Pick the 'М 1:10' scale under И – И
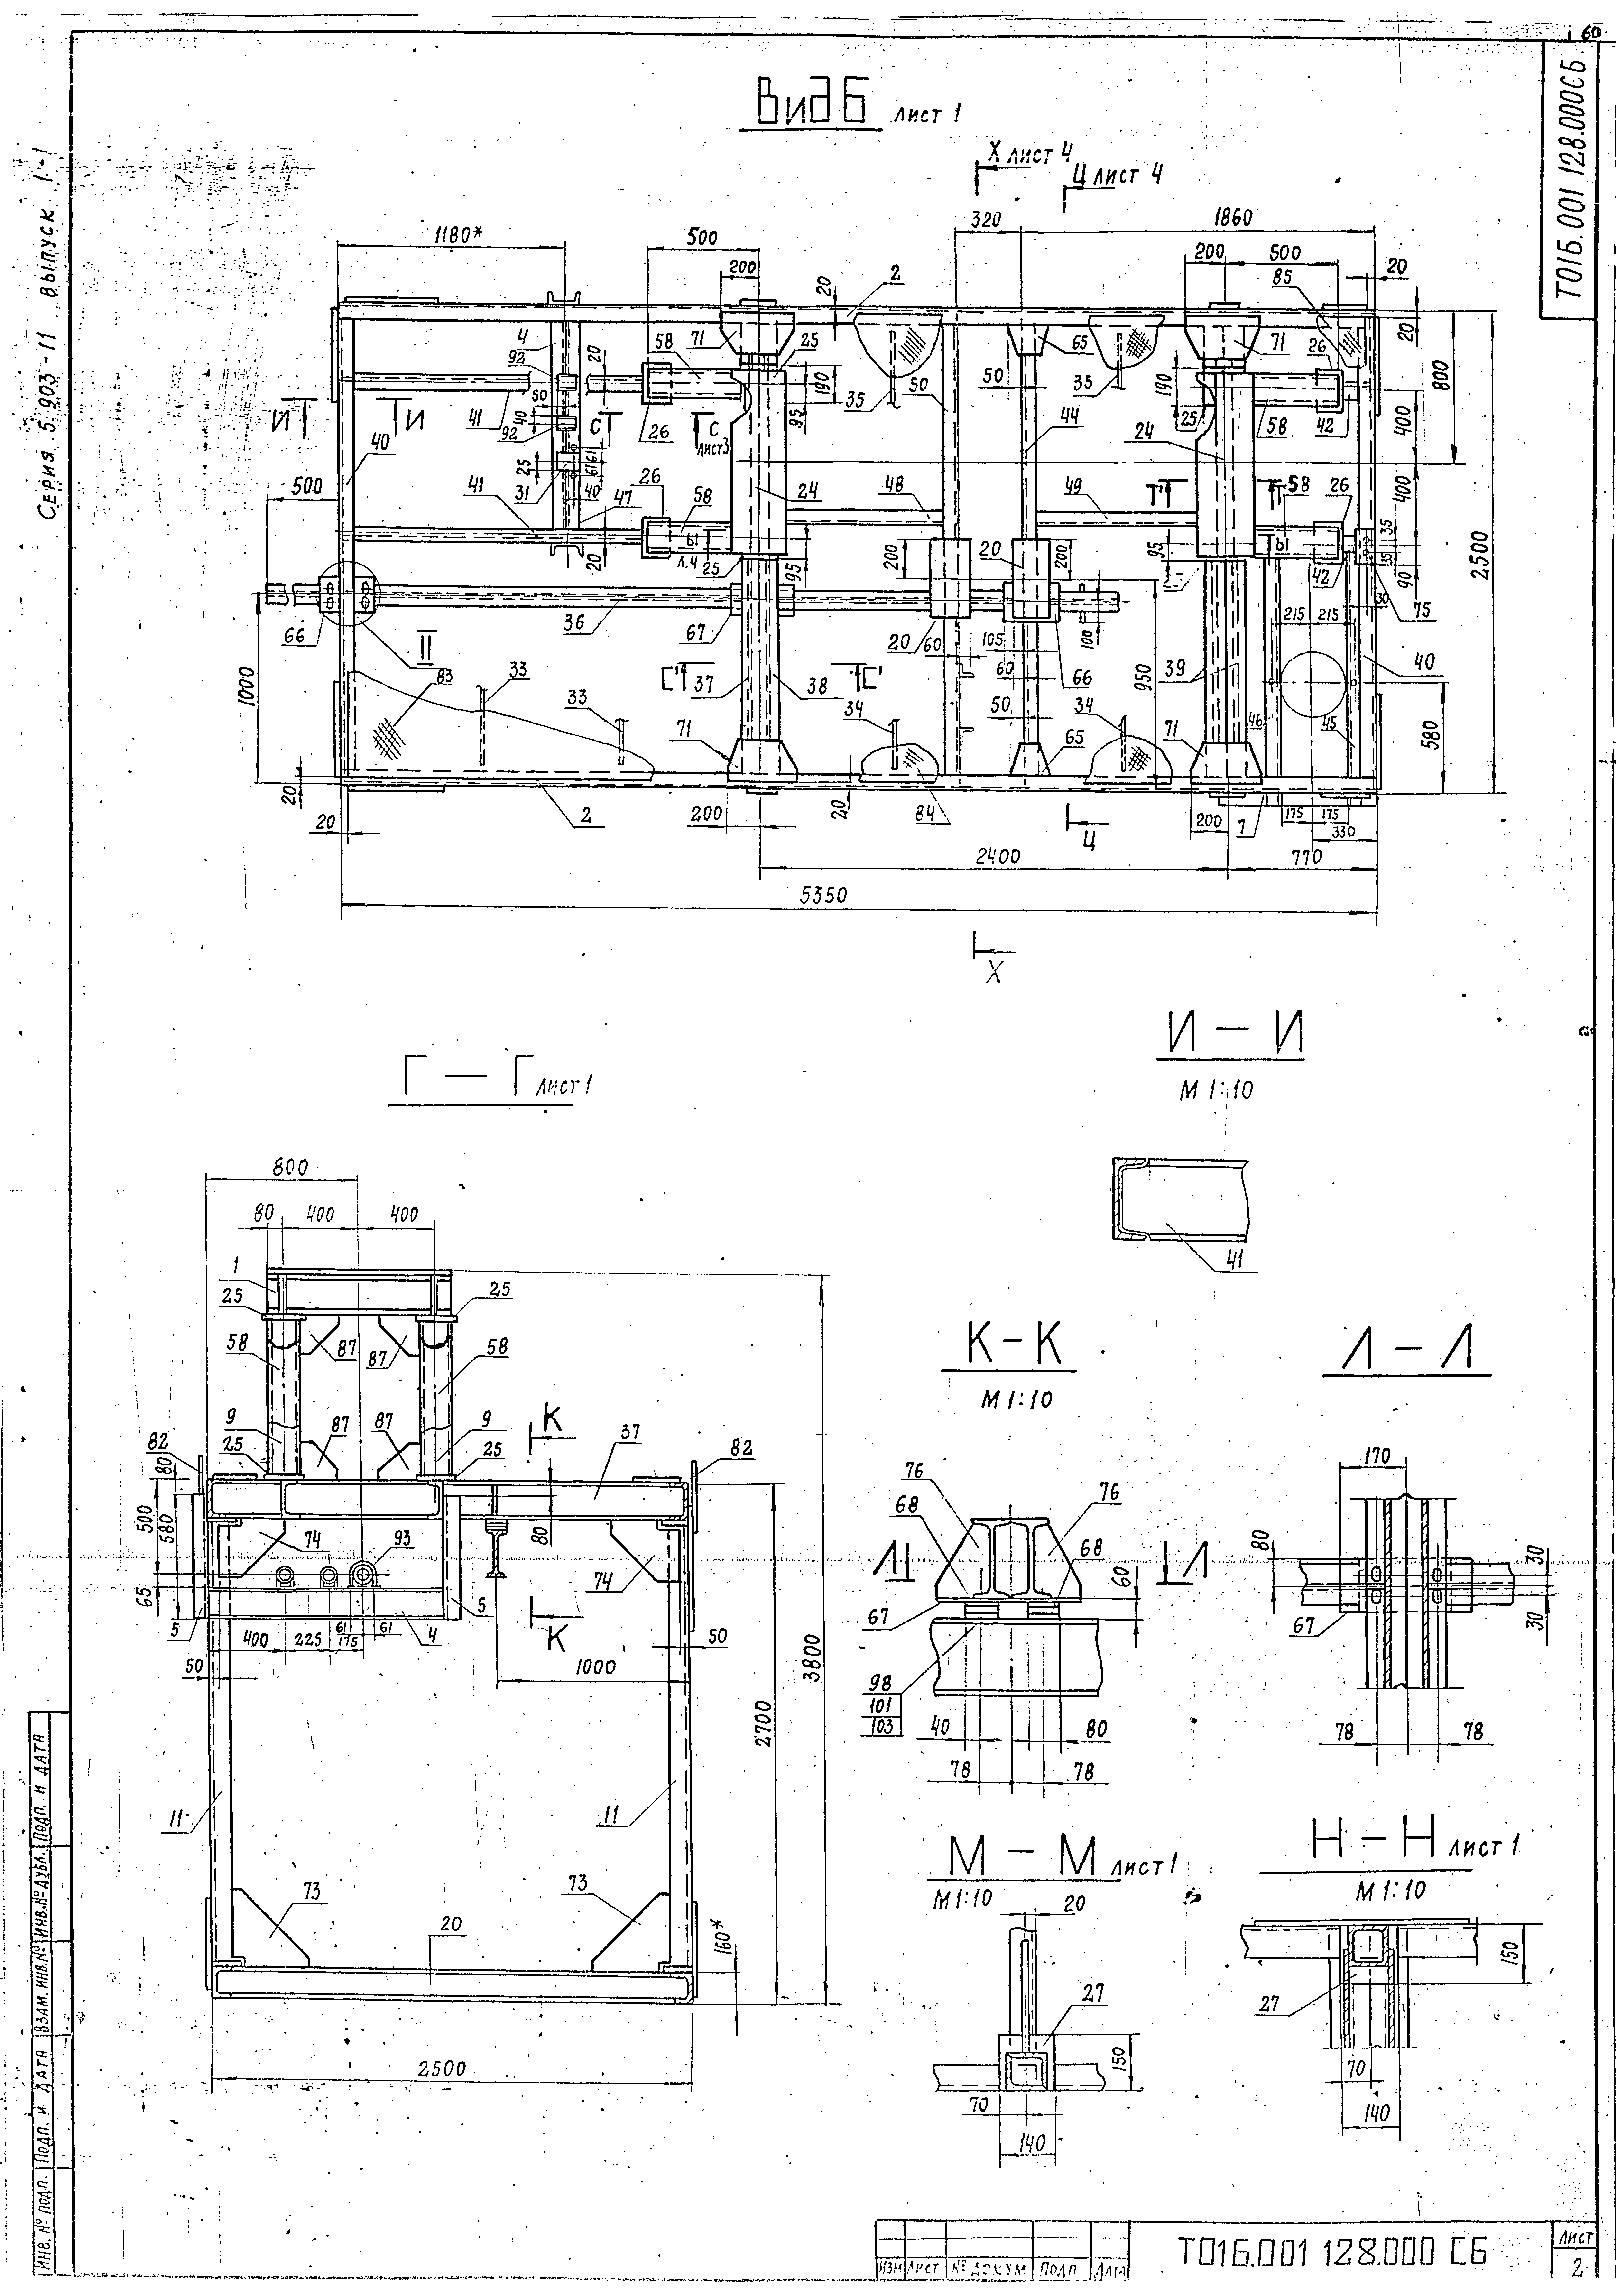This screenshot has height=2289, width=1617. [1216, 1091]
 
